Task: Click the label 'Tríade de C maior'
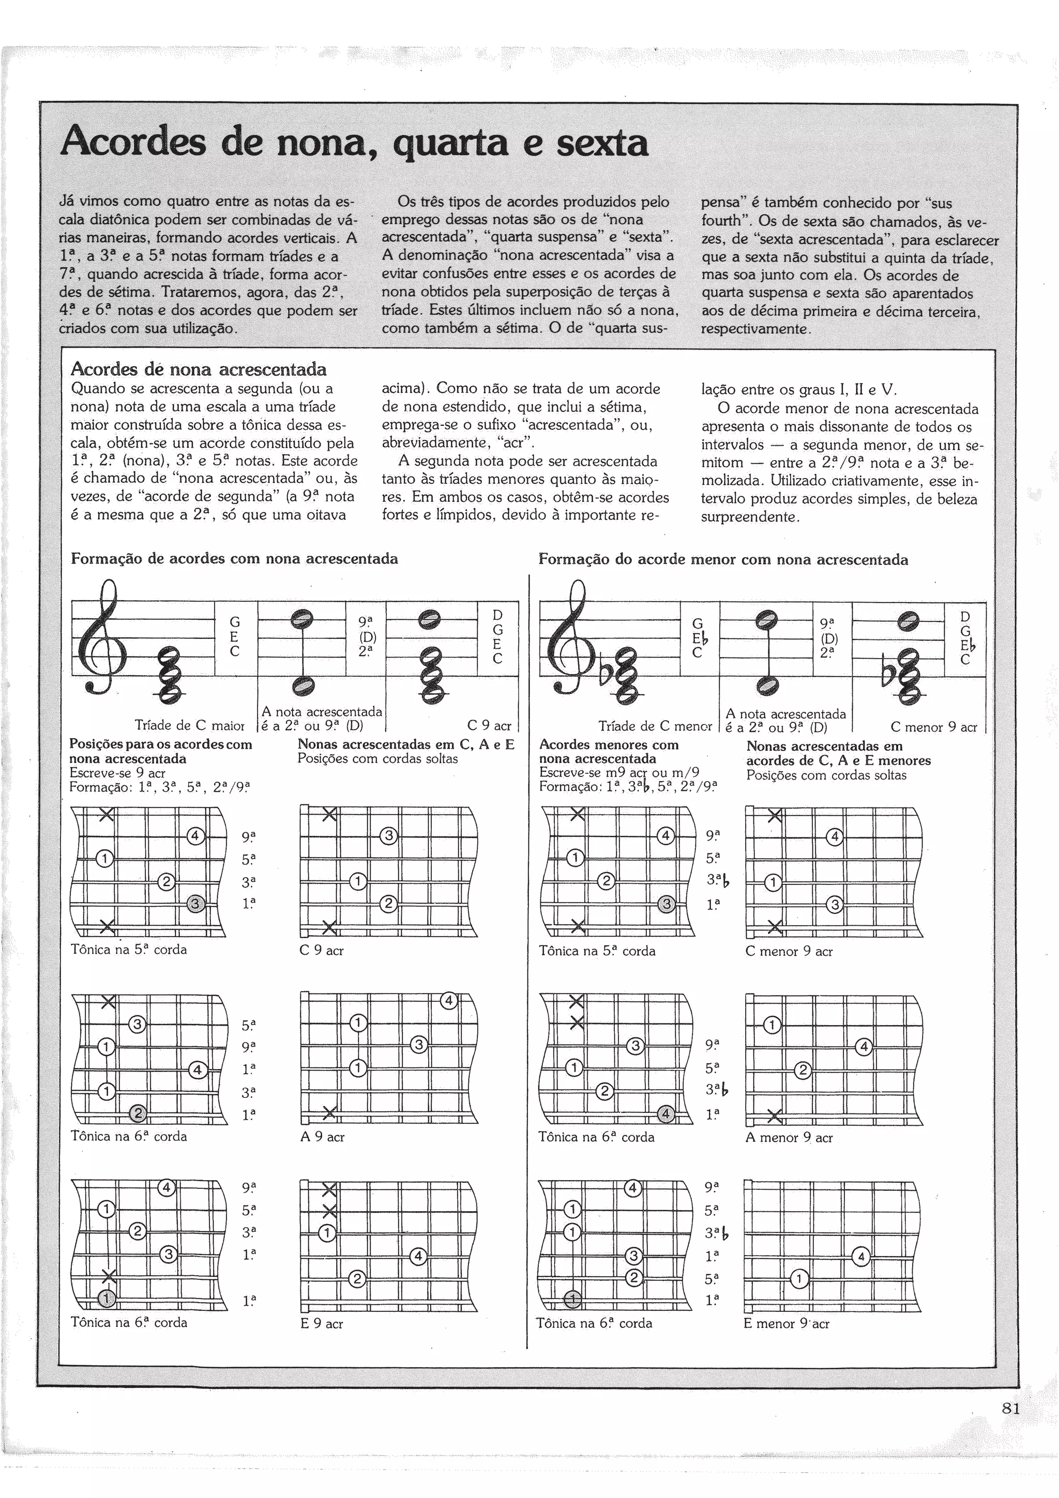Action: click(x=189, y=725)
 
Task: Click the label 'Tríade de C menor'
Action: click(x=655, y=726)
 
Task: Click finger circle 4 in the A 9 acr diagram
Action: click(x=448, y=1000)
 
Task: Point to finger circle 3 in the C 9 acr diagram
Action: click(x=388, y=836)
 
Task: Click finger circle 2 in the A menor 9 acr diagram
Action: click(x=803, y=1071)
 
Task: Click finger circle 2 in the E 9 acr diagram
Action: click(x=357, y=1279)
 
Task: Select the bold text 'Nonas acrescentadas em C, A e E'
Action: click(x=406, y=744)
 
